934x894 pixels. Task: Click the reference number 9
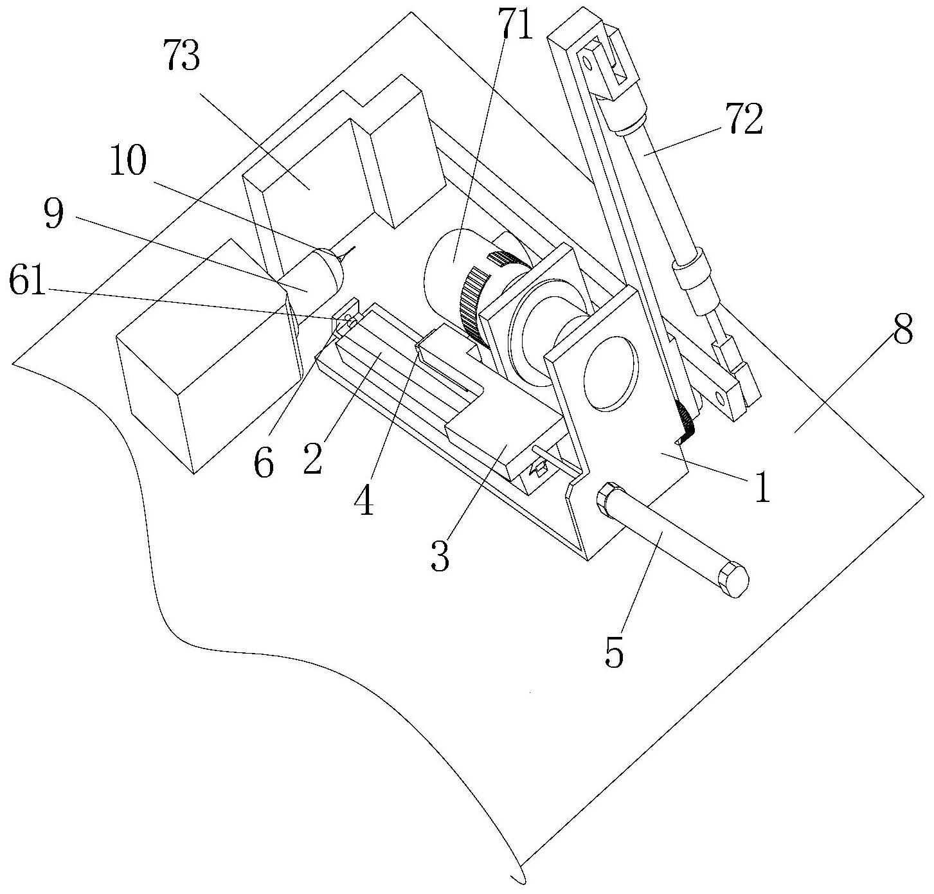click(53, 215)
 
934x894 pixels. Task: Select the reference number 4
click(366, 499)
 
